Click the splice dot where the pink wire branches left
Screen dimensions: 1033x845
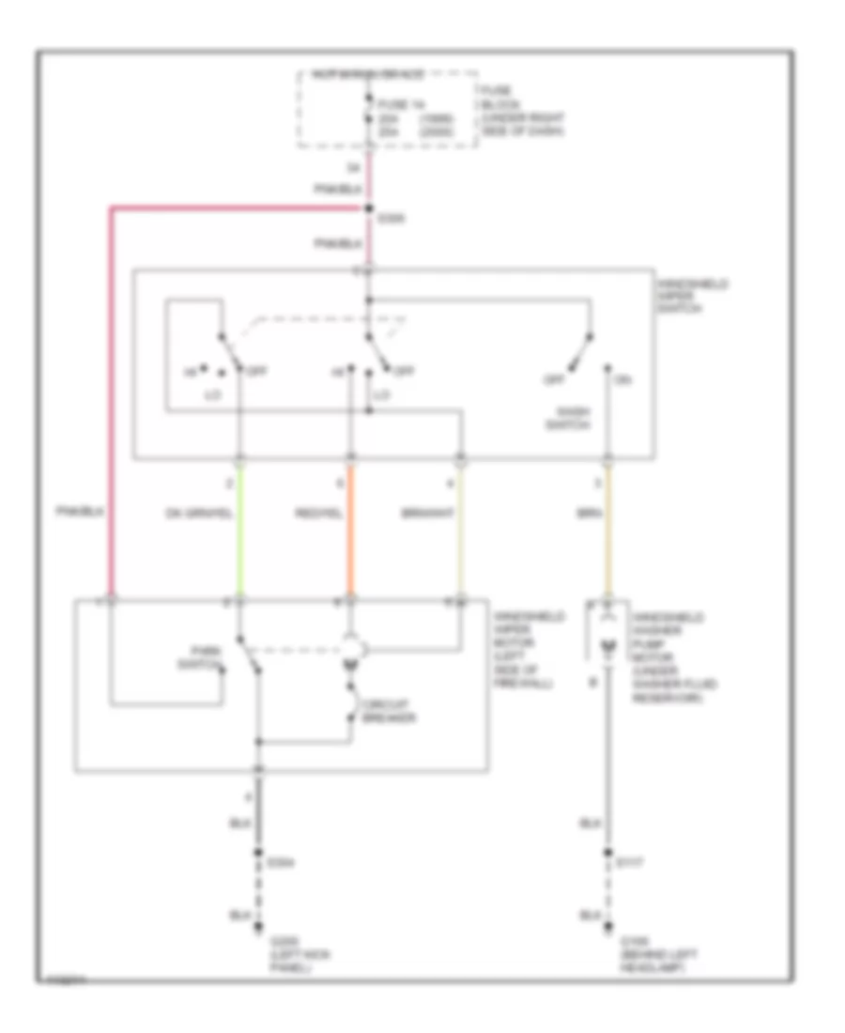(x=368, y=208)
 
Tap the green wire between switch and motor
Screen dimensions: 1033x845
(x=240, y=531)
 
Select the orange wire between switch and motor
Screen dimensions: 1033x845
(x=351, y=531)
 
